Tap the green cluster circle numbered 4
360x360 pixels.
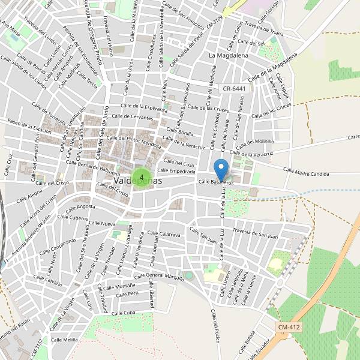click(141, 177)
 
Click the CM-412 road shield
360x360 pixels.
click(290, 327)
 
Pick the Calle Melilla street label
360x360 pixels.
click(64, 340)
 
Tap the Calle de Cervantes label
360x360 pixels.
click(133, 116)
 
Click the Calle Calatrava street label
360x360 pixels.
click(163, 235)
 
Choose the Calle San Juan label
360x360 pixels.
click(204, 235)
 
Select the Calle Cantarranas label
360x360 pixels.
click(58, 245)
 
